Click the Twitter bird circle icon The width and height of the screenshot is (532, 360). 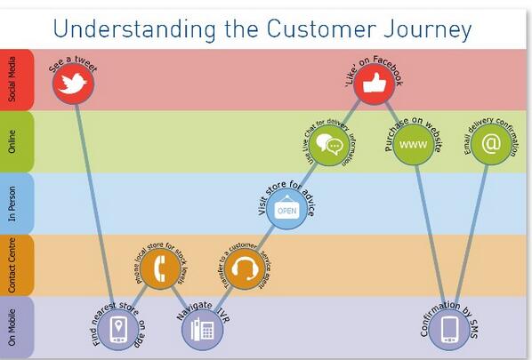(73, 84)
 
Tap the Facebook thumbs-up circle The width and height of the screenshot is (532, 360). (374, 84)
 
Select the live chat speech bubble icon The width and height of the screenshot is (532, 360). (330, 146)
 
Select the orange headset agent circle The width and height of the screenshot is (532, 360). (242, 269)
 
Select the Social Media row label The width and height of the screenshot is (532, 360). (12, 80)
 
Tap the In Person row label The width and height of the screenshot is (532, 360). (12, 204)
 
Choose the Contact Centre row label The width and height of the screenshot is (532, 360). (12, 265)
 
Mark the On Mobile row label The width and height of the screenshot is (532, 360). (12, 327)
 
